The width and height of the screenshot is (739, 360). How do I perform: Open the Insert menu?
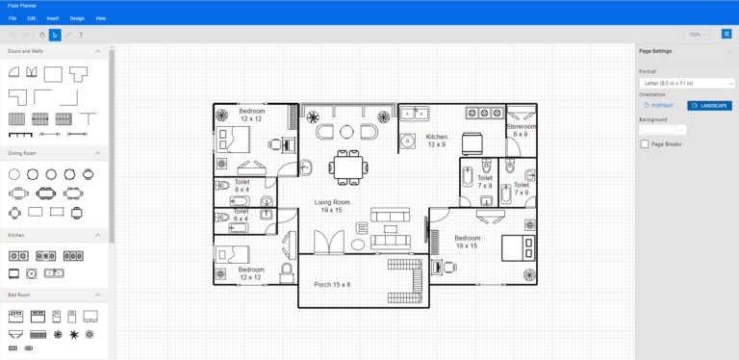[53, 18]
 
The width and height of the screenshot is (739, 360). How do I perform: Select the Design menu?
[77, 18]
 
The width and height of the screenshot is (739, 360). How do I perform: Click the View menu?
[101, 18]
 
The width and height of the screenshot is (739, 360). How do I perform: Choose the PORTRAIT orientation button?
[659, 106]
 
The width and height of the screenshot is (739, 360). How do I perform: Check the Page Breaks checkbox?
[645, 144]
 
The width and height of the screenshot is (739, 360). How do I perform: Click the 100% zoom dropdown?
[697, 35]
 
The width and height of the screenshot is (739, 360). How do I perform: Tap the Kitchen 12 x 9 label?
[437, 141]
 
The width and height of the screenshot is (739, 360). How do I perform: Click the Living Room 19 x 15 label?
[332, 206]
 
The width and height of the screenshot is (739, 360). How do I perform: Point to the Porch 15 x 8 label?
[333, 285]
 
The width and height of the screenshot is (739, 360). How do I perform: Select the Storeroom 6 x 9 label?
[521, 130]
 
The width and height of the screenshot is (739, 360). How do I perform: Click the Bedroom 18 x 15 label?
[467, 242]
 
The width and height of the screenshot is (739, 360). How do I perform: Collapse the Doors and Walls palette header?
[55, 51]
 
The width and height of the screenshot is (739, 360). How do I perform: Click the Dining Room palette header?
[55, 153]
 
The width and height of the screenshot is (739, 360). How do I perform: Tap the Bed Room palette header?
[55, 295]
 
